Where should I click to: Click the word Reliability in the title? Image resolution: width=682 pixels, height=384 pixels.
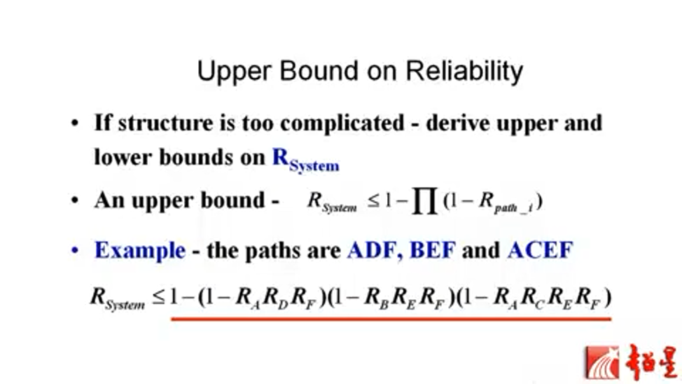click(x=464, y=71)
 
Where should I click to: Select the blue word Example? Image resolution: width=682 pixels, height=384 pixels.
click(x=140, y=250)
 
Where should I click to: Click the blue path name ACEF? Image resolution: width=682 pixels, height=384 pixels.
click(x=540, y=250)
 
